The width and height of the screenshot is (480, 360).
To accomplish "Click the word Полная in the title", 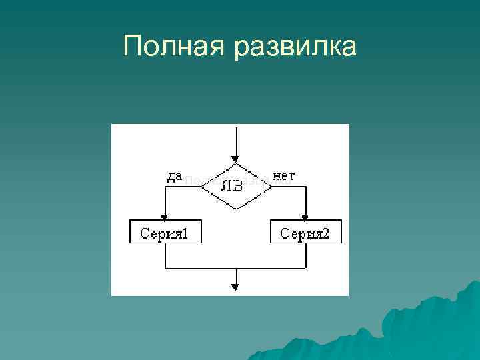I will coord(175,47).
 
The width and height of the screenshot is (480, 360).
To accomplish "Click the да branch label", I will coord(174,176).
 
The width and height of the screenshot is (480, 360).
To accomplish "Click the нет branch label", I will coord(285,176).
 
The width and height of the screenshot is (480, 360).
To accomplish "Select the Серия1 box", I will coord(165,233).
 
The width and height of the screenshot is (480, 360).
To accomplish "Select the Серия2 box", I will coord(305,233).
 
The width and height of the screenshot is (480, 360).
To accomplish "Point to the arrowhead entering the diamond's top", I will coord(235,159).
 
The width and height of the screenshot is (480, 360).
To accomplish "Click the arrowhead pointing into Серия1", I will coord(165,216).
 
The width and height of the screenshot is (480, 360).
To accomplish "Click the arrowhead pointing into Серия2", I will coord(305,216).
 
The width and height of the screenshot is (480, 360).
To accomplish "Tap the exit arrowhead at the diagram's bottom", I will coord(235,287).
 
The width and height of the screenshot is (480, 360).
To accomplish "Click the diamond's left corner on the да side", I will coord(202,187).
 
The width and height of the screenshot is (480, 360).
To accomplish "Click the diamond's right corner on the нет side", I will coord(271,187).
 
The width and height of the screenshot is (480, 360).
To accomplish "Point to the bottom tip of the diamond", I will coord(236,209).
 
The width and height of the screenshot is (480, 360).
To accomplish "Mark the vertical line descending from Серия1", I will coord(165,256).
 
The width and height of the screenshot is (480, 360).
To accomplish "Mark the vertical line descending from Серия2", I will coord(305,256).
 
